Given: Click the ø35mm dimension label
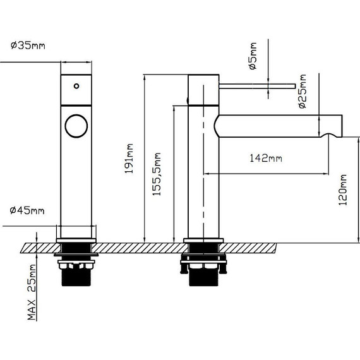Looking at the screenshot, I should (28, 45).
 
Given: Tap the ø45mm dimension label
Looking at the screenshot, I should (28, 210).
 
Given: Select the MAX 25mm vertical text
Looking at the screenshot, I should (32, 293).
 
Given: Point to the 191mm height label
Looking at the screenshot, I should (129, 158).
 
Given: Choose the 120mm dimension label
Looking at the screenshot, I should (342, 190).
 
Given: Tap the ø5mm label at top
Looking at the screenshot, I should (253, 56).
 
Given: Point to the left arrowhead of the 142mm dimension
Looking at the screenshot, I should (206, 171).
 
